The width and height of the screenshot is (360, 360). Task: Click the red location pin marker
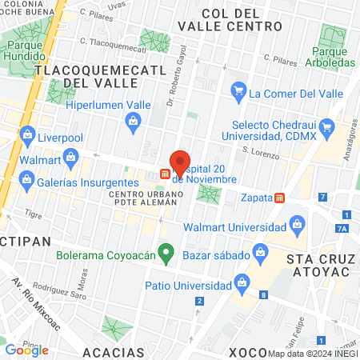pyautogui.click(x=180, y=162)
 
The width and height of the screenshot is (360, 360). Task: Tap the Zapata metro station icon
pyautogui.click(x=280, y=198)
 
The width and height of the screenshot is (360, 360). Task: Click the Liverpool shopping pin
pyautogui.click(x=28, y=134)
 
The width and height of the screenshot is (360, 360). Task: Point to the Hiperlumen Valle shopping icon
pyautogui.click(x=134, y=121)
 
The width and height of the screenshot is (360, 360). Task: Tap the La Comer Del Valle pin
pyautogui.click(x=238, y=94)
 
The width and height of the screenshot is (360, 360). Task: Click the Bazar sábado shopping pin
pyautogui.click(x=260, y=253)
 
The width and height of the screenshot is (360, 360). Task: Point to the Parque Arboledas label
pyautogui.click(x=329, y=57)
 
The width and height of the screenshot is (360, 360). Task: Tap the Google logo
pyautogui.click(x=27, y=350)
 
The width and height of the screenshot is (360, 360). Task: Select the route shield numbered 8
pyautogui.click(x=264, y=296)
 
